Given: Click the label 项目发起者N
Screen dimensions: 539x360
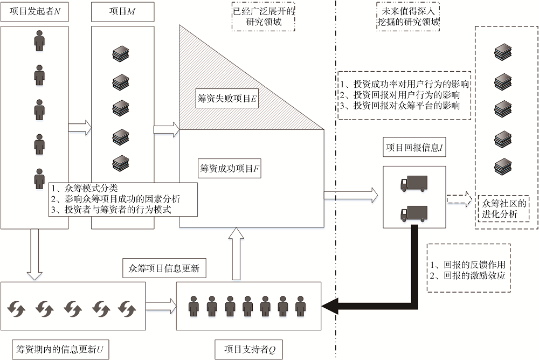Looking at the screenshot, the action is (x=34, y=11).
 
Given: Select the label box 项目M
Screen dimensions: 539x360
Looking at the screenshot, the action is (x=122, y=11).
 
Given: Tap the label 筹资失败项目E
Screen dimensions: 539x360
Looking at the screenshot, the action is (x=227, y=99).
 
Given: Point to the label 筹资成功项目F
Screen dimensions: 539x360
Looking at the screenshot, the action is (x=229, y=169).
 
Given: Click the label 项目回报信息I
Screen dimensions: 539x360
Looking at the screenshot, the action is (x=414, y=148).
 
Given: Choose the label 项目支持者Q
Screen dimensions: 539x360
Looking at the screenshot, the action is (x=250, y=349).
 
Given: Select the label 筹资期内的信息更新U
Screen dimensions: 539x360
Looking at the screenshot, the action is (x=60, y=349).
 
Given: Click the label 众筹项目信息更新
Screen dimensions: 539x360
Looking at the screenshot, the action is (x=164, y=268).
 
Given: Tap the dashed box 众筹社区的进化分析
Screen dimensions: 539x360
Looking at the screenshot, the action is (x=503, y=209).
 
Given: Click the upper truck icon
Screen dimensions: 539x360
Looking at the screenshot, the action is (x=414, y=183).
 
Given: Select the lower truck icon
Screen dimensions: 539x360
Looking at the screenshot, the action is (x=414, y=213).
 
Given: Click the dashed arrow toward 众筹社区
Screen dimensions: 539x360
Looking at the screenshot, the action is (x=459, y=199).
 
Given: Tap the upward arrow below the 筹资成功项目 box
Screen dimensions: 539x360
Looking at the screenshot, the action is (x=236, y=253).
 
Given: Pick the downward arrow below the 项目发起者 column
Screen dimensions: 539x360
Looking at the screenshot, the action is (x=34, y=254).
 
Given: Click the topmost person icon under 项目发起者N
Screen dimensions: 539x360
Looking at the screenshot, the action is (x=39, y=40).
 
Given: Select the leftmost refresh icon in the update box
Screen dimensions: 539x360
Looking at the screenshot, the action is (x=16, y=309).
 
